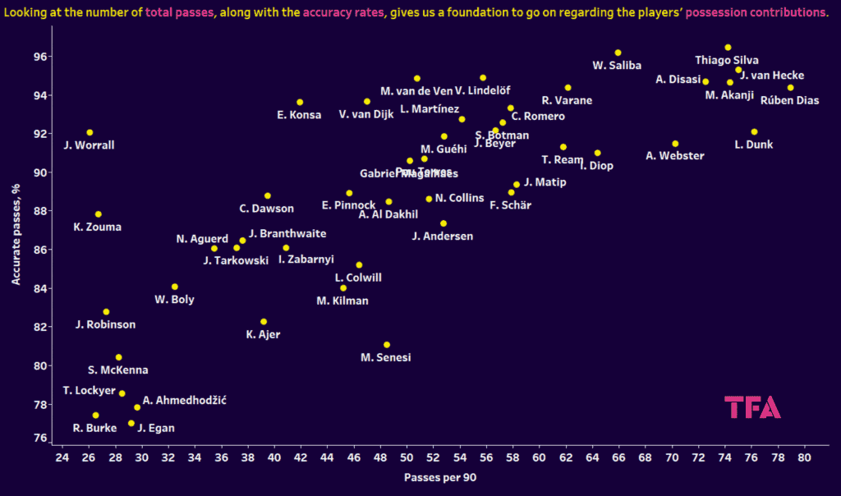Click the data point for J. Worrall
[90, 132]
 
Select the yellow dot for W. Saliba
[618, 53]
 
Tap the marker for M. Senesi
[387, 345]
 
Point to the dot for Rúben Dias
[790, 88]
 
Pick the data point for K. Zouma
[99, 214]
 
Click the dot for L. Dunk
[754, 132]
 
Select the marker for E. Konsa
[300, 103]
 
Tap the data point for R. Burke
[95, 416]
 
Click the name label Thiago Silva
[727, 60]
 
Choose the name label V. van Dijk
[366, 114]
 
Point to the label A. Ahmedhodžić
[185, 401]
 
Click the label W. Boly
[174, 300]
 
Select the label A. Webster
[675, 156]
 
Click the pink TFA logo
[752, 407]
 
